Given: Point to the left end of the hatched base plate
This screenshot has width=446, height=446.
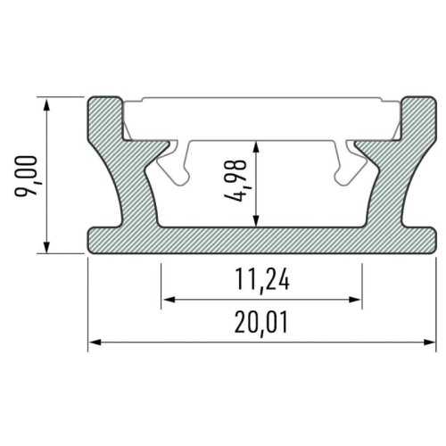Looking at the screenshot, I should [x=103, y=240].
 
